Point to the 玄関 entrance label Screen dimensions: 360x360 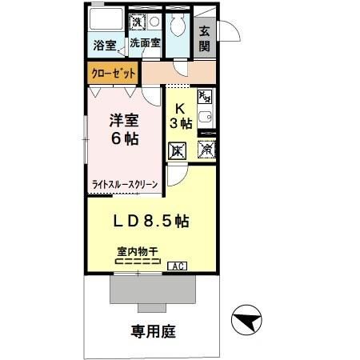[204, 39]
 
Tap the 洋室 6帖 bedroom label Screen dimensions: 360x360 [124, 130]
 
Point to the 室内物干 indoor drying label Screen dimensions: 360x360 [138, 251]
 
